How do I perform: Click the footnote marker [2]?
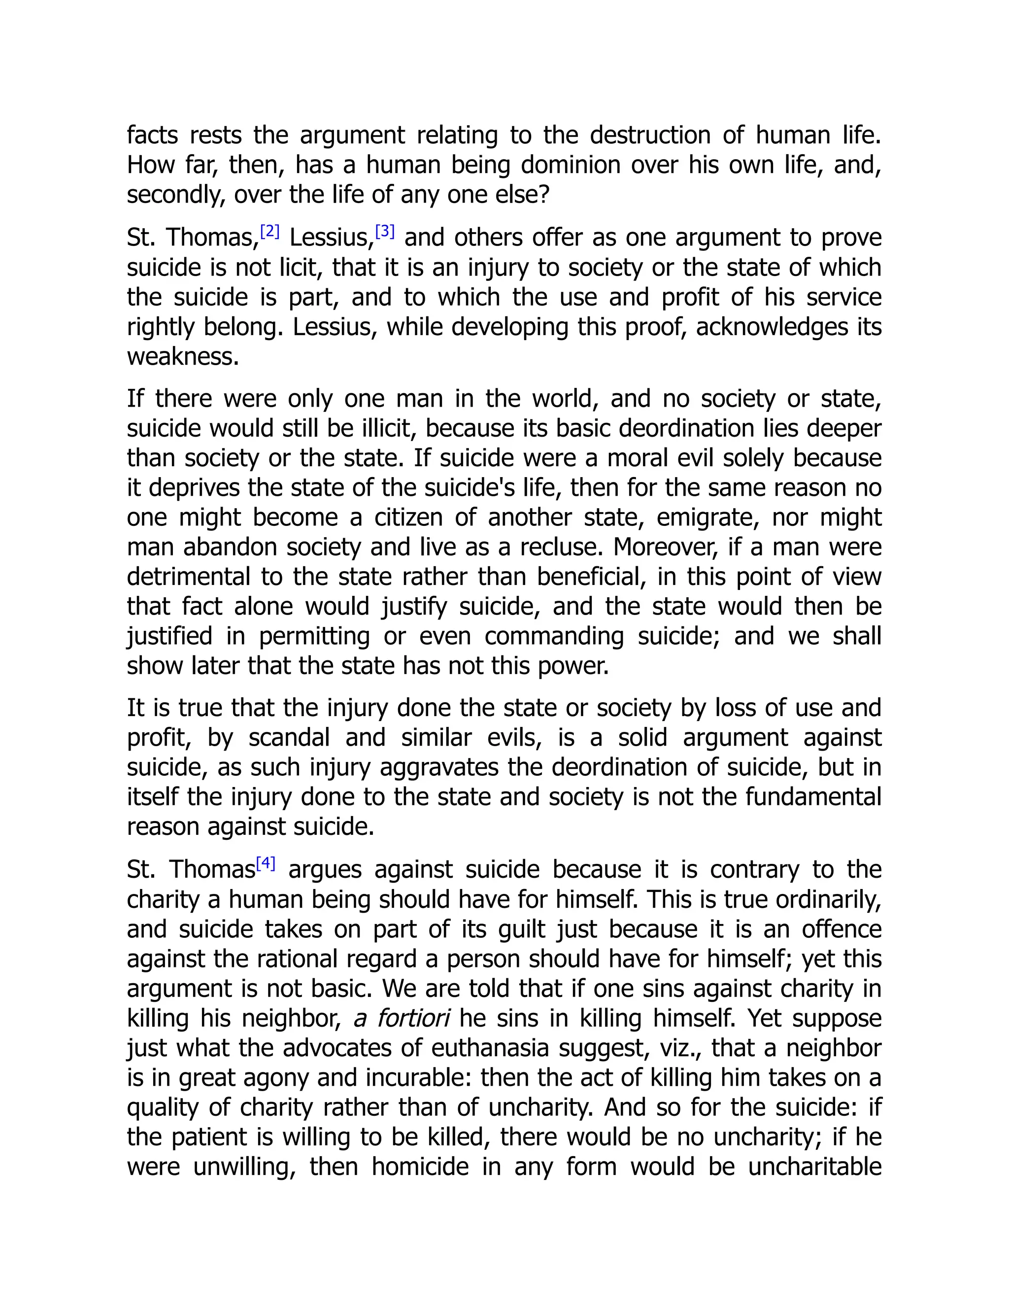click(269, 232)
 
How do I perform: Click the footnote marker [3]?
click(384, 232)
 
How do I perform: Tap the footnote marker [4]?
click(266, 863)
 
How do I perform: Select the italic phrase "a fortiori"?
click(401, 1018)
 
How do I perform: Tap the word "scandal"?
click(289, 737)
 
